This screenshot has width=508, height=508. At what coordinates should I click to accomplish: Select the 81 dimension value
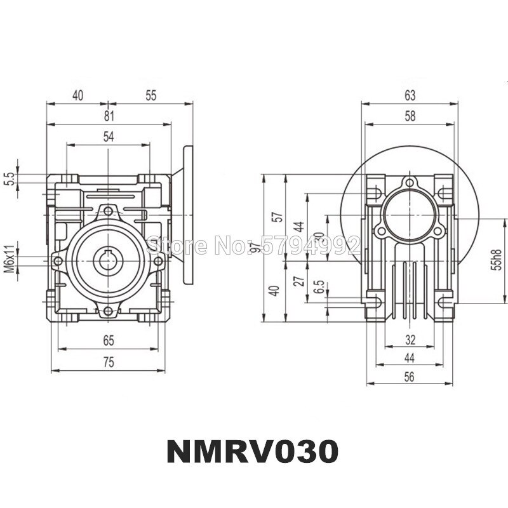(109, 116)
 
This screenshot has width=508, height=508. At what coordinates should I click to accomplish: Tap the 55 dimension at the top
(150, 95)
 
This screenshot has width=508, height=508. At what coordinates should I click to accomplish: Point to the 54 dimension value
(109, 136)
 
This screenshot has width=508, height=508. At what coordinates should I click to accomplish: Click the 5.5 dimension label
(10, 179)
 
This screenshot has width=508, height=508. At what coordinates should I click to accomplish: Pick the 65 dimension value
(109, 341)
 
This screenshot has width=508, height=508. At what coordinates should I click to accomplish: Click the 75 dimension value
(109, 361)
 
